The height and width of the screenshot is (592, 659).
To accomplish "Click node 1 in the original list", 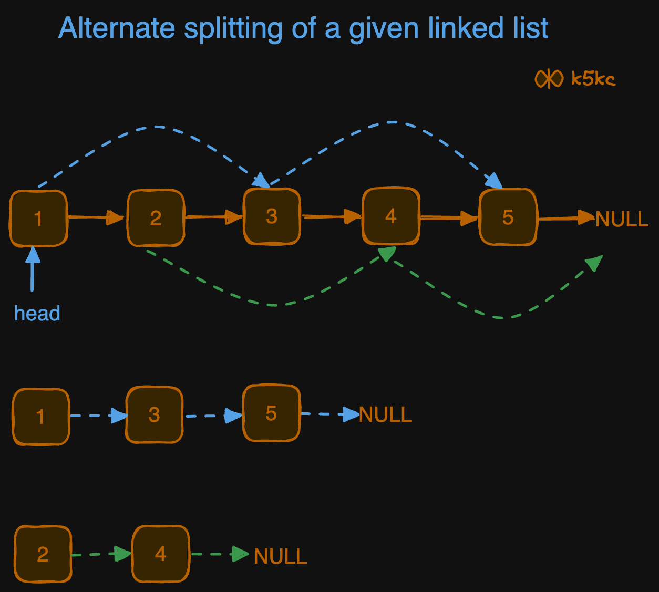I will [38, 218].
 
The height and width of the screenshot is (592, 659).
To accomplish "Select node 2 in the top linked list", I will [156, 218].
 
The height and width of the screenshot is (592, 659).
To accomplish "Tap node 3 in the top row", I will [272, 216].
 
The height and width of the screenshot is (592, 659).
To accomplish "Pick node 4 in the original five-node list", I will [390, 216].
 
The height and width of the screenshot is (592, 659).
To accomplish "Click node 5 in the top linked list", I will [508, 217].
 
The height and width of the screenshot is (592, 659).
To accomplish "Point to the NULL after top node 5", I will [622, 219].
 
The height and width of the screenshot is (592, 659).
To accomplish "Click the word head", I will [37, 314].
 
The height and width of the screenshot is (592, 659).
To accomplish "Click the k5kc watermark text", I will [593, 79].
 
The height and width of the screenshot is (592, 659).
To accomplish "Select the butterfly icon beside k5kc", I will [549, 79].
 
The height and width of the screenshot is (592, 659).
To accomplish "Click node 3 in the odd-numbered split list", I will [154, 415].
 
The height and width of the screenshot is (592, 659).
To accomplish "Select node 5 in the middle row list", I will [271, 413].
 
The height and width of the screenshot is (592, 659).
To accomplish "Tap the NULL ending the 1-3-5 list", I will [385, 415].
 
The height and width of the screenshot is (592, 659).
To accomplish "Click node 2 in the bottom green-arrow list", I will [43, 554].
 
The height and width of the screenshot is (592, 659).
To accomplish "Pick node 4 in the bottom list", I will [160, 554].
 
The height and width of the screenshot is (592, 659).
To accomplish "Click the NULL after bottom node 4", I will [280, 557].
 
